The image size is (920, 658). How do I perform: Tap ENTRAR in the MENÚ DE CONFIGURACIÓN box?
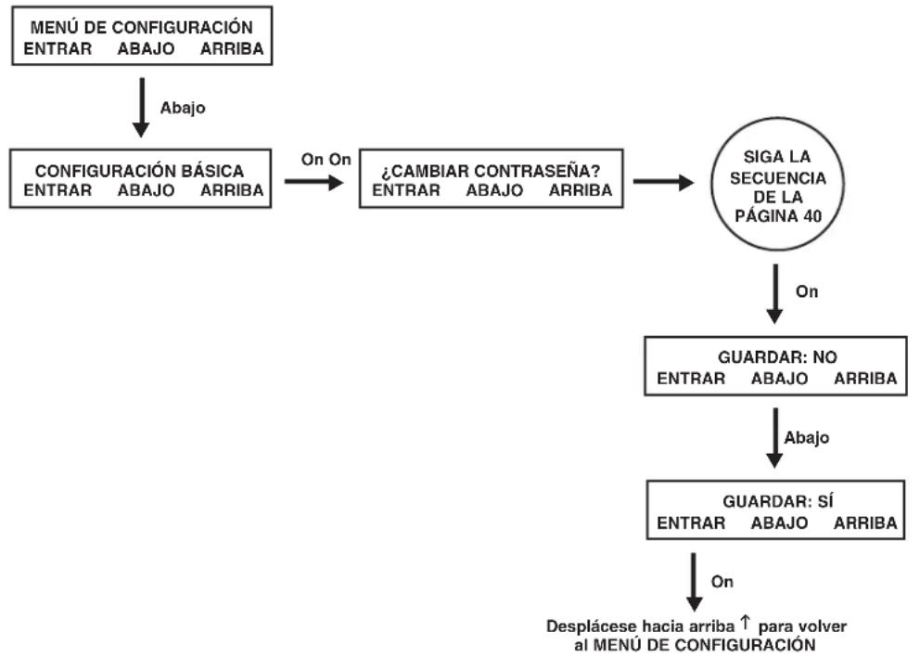click(x=57, y=48)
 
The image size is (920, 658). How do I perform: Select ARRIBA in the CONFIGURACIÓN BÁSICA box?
click(x=232, y=190)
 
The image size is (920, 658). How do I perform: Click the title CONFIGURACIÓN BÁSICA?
click(x=139, y=170)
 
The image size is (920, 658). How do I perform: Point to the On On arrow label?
click(x=326, y=159)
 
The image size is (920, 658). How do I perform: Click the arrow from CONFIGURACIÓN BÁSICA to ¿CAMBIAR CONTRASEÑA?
click(x=313, y=182)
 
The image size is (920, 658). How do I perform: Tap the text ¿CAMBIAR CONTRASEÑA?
click(x=491, y=171)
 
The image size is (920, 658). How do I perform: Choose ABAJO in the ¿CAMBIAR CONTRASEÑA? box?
click(x=494, y=190)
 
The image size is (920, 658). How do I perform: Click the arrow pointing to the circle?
click(x=663, y=182)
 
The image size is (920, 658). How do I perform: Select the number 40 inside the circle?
click(x=812, y=216)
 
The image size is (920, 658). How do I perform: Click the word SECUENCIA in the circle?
click(x=777, y=177)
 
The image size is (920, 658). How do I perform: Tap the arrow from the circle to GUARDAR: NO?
click(x=775, y=293)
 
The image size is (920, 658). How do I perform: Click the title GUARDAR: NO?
click(x=777, y=357)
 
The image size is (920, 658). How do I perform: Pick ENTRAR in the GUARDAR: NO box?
click(x=691, y=379)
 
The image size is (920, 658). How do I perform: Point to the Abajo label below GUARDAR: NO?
click(x=806, y=437)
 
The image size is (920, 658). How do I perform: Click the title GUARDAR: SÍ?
click(x=777, y=500)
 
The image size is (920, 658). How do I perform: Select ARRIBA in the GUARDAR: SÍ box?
click(x=865, y=523)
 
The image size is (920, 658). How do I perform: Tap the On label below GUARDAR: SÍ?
click(x=722, y=581)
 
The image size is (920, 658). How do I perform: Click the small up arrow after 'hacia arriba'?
click(x=745, y=622)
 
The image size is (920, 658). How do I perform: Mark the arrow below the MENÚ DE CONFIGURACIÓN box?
click(x=141, y=108)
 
